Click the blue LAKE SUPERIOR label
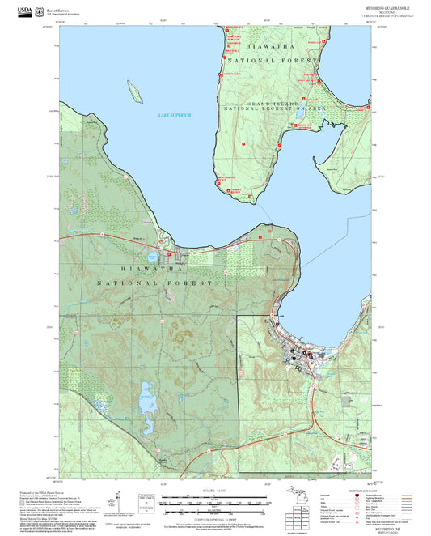tap(174, 116)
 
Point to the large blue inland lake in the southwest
tap(147, 399)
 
